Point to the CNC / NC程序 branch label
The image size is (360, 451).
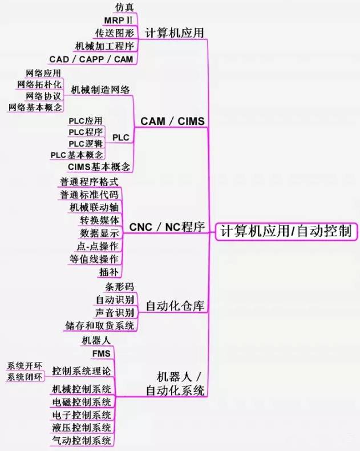pyautogui.click(x=167, y=227)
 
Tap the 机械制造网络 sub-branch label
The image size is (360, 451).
pyautogui.click(x=100, y=90)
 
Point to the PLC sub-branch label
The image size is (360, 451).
pyautogui.click(x=120, y=138)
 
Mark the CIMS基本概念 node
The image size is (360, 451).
pyautogui.click(x=99, y=166)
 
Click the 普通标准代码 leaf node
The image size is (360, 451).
pyautogui.click(x=90, y=195)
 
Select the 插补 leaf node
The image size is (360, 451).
pyautogui.click(x=108, y=271)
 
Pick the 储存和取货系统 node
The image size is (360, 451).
pyautogui.click(x=100, y=325)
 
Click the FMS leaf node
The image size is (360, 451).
pyautogui.click(x=101, y=353)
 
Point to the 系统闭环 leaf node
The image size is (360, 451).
pyautogui.click(x=25, y=377)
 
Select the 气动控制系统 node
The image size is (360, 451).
pyautogui.click(x=81, y=440)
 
